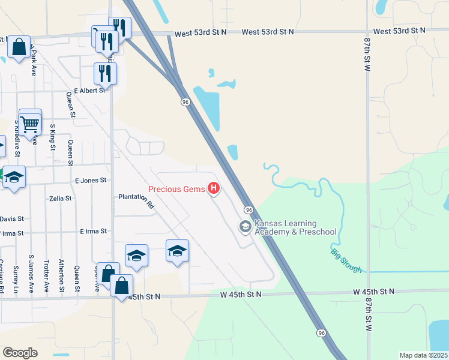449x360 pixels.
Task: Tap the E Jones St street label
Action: coord(91,180)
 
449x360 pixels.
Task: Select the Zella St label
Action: coord(60,198)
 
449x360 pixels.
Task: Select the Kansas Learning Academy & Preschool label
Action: coord(295,227)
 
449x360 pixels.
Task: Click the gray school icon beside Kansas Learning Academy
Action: coord(245,227)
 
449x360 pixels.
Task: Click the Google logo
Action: coord(20,352)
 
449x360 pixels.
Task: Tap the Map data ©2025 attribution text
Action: coord(423,355)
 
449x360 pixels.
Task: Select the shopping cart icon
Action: coord(29,124)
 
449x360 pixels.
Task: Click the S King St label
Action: coord(53,138)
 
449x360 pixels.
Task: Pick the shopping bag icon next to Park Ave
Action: coord(19,47)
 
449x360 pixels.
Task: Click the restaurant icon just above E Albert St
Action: coord(105,73)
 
